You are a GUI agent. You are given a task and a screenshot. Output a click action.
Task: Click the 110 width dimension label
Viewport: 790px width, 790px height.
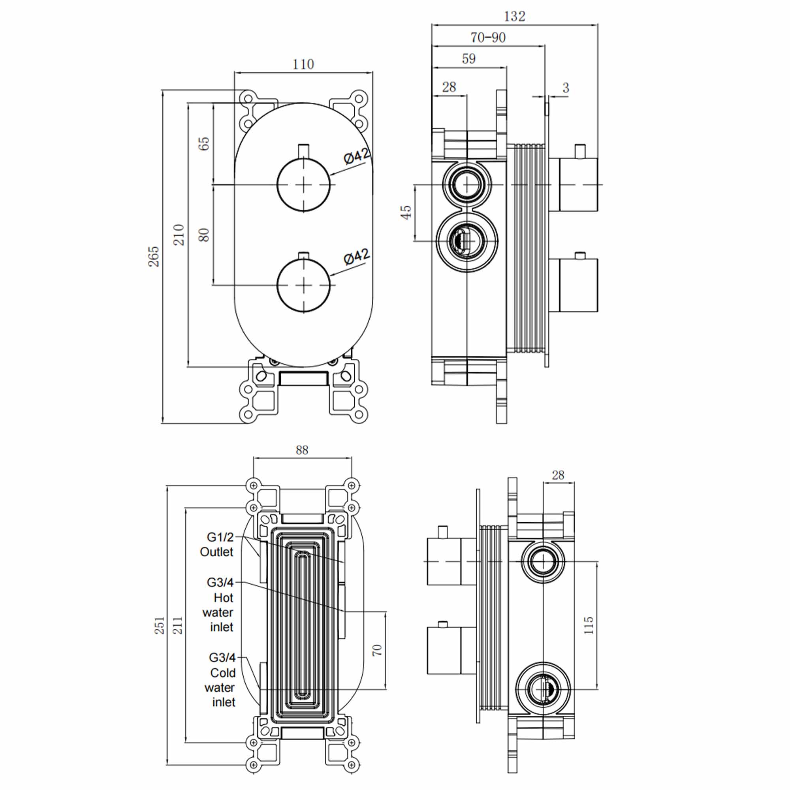coord(303,64)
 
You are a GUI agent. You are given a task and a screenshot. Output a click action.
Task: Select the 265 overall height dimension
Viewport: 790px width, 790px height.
coord(153,256)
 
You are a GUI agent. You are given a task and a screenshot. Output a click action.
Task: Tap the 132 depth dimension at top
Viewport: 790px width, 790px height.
coord(514,16)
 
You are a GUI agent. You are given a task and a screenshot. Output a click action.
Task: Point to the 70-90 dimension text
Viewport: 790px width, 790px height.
coord(488,38)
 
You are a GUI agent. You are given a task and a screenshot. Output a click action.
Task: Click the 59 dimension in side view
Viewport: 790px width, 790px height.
coord(468,59)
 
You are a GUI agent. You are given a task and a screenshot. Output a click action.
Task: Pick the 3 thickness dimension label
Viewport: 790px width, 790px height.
coord(566,88)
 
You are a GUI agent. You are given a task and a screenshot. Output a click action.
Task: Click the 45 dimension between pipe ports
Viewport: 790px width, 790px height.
coord(405,212)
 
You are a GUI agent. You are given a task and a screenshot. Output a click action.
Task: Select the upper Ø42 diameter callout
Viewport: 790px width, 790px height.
coord(357,156)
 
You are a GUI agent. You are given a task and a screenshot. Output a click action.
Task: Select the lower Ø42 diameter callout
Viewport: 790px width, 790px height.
coord(357,256)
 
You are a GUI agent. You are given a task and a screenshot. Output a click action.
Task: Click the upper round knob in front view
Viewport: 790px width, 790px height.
coord(303,185)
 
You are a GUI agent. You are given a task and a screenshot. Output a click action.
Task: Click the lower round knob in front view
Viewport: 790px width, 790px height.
coord(303,286)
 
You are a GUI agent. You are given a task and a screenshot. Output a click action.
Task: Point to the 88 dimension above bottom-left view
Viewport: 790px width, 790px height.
coord(302,450)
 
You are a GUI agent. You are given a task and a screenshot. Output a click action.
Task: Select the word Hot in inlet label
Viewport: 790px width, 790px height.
coord(223,598)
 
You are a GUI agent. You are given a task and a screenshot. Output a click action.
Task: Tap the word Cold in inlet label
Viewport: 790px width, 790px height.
coord(223,673)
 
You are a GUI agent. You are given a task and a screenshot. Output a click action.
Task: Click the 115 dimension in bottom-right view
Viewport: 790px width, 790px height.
coord(588,626)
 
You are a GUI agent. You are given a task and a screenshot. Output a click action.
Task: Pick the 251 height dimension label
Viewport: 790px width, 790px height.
coord(159,625)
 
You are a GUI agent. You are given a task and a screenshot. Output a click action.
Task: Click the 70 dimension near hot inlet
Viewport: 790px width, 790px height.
coord(376,650)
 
